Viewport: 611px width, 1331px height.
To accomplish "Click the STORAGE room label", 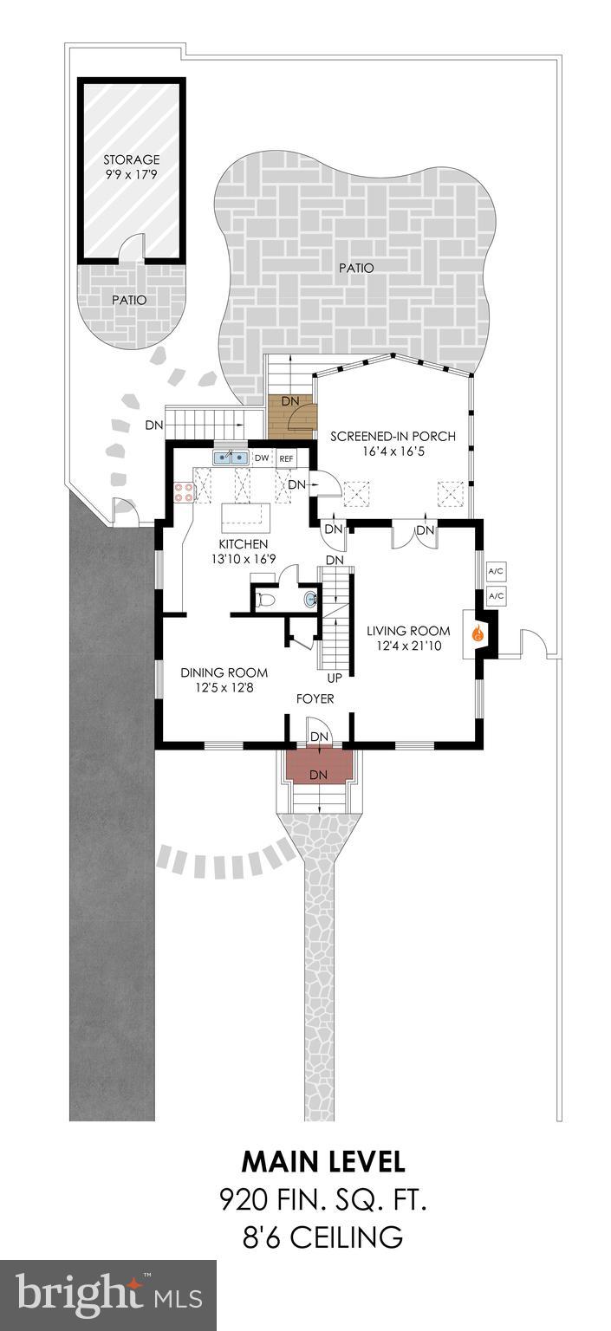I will tap(132, 159).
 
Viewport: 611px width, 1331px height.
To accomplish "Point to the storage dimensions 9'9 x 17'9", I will tap(132, 174).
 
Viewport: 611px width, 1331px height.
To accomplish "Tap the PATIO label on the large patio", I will tap(356, 268).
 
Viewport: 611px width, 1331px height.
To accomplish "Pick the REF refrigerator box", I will tap(286, 458).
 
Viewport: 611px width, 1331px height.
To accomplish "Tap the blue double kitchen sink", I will tap(231, 457).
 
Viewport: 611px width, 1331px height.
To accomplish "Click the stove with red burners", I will tap(185, 493).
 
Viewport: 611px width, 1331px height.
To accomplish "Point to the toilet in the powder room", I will tap(267, 599).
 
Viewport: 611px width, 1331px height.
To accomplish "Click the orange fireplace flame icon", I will tap(476, 633).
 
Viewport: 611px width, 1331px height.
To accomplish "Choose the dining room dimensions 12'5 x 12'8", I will tap(224, 688).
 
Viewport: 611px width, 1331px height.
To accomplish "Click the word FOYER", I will tap(315, 698).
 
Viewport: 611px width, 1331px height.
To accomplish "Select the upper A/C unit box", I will tap(496, 571).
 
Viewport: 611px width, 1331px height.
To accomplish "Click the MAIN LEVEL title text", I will tap(322, 1161).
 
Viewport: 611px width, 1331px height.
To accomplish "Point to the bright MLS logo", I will tap(107, 1294).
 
